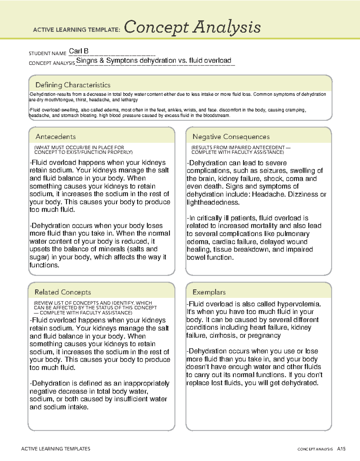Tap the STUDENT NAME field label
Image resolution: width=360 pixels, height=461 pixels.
47,53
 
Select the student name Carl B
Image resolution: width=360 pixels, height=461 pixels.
79,51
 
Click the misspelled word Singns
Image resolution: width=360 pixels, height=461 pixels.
87,61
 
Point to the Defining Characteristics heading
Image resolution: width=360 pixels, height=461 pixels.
73,85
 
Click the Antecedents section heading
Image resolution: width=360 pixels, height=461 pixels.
55,137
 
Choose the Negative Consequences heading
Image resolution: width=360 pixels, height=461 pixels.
231,137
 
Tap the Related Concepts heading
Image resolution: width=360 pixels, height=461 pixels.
63,292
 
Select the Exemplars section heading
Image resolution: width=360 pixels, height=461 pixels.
209,292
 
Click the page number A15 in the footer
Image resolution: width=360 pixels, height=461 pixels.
341,449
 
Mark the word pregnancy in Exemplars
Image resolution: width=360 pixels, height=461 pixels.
264,336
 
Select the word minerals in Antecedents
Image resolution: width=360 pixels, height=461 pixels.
109,249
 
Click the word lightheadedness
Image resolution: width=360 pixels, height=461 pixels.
213,202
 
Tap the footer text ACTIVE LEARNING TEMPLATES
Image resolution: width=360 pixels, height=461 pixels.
55,449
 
